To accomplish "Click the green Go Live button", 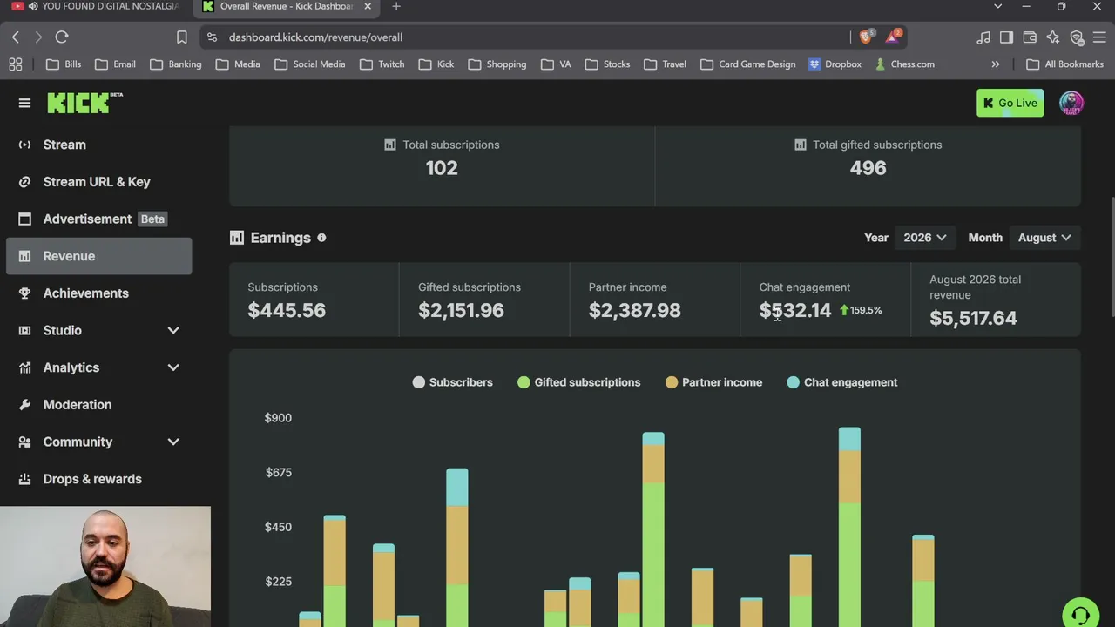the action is (1010, 103).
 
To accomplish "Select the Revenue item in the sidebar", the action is (99, 256).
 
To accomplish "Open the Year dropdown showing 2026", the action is (925, 238).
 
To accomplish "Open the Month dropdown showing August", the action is (1044, 238).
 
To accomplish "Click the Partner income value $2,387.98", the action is (635, 311).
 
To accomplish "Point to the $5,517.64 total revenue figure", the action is (973, 318).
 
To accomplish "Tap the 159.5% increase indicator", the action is (861, 310).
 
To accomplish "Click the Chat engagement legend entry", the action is (842, 382).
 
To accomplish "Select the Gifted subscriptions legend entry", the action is (579, 382).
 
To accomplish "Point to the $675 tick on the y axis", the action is (278, 472).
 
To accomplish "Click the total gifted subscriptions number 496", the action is (868, 168).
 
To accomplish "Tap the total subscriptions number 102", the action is (442, 168).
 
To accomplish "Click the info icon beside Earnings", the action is (321, 238).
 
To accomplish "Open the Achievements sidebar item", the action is (85, 293).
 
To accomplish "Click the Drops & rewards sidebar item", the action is (92, 479).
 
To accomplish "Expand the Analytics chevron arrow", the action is (173, 367).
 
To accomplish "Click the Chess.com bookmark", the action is (905, 64).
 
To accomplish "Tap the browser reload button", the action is (62, 37).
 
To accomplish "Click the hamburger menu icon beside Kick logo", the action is (24, 103).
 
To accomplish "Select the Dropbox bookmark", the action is (835, 64).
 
